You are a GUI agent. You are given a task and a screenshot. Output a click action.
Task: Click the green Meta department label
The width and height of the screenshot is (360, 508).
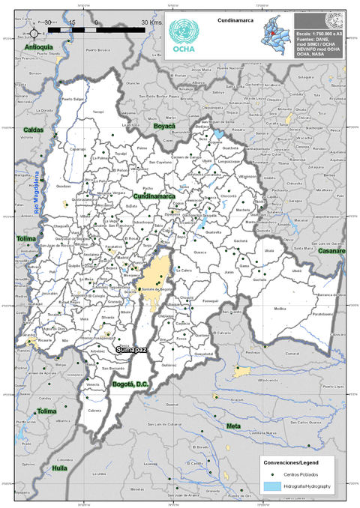[x=233, y=426]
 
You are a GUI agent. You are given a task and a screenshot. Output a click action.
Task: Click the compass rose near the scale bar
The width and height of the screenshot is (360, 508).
[x=34, y=34]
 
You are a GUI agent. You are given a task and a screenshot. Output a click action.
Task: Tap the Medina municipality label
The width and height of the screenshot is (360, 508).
[x=280, y=308]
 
